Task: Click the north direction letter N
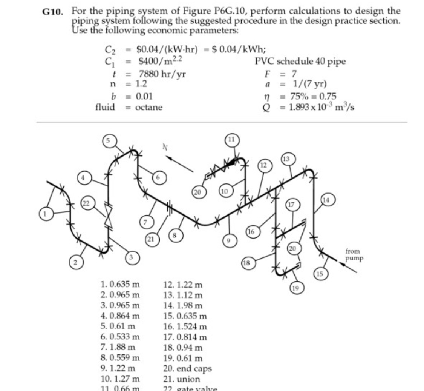coord(164,147)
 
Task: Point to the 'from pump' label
coord(354,255)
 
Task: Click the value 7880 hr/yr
coord(162,74)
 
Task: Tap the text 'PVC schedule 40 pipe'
coord(300,61)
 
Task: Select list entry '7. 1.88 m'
coord(119,346)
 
